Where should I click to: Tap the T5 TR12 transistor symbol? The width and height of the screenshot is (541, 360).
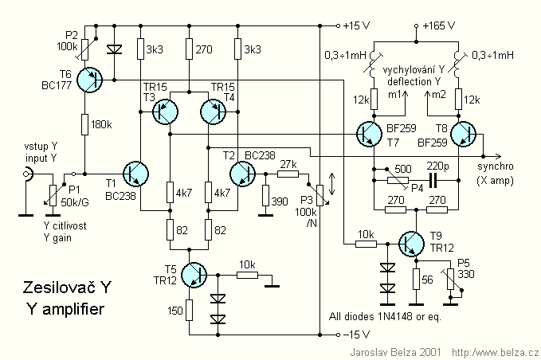194,274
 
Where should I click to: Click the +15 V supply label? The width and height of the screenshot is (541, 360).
355,25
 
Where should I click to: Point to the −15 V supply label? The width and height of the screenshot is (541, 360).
355,334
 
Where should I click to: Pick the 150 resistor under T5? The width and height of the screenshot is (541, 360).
189,309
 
